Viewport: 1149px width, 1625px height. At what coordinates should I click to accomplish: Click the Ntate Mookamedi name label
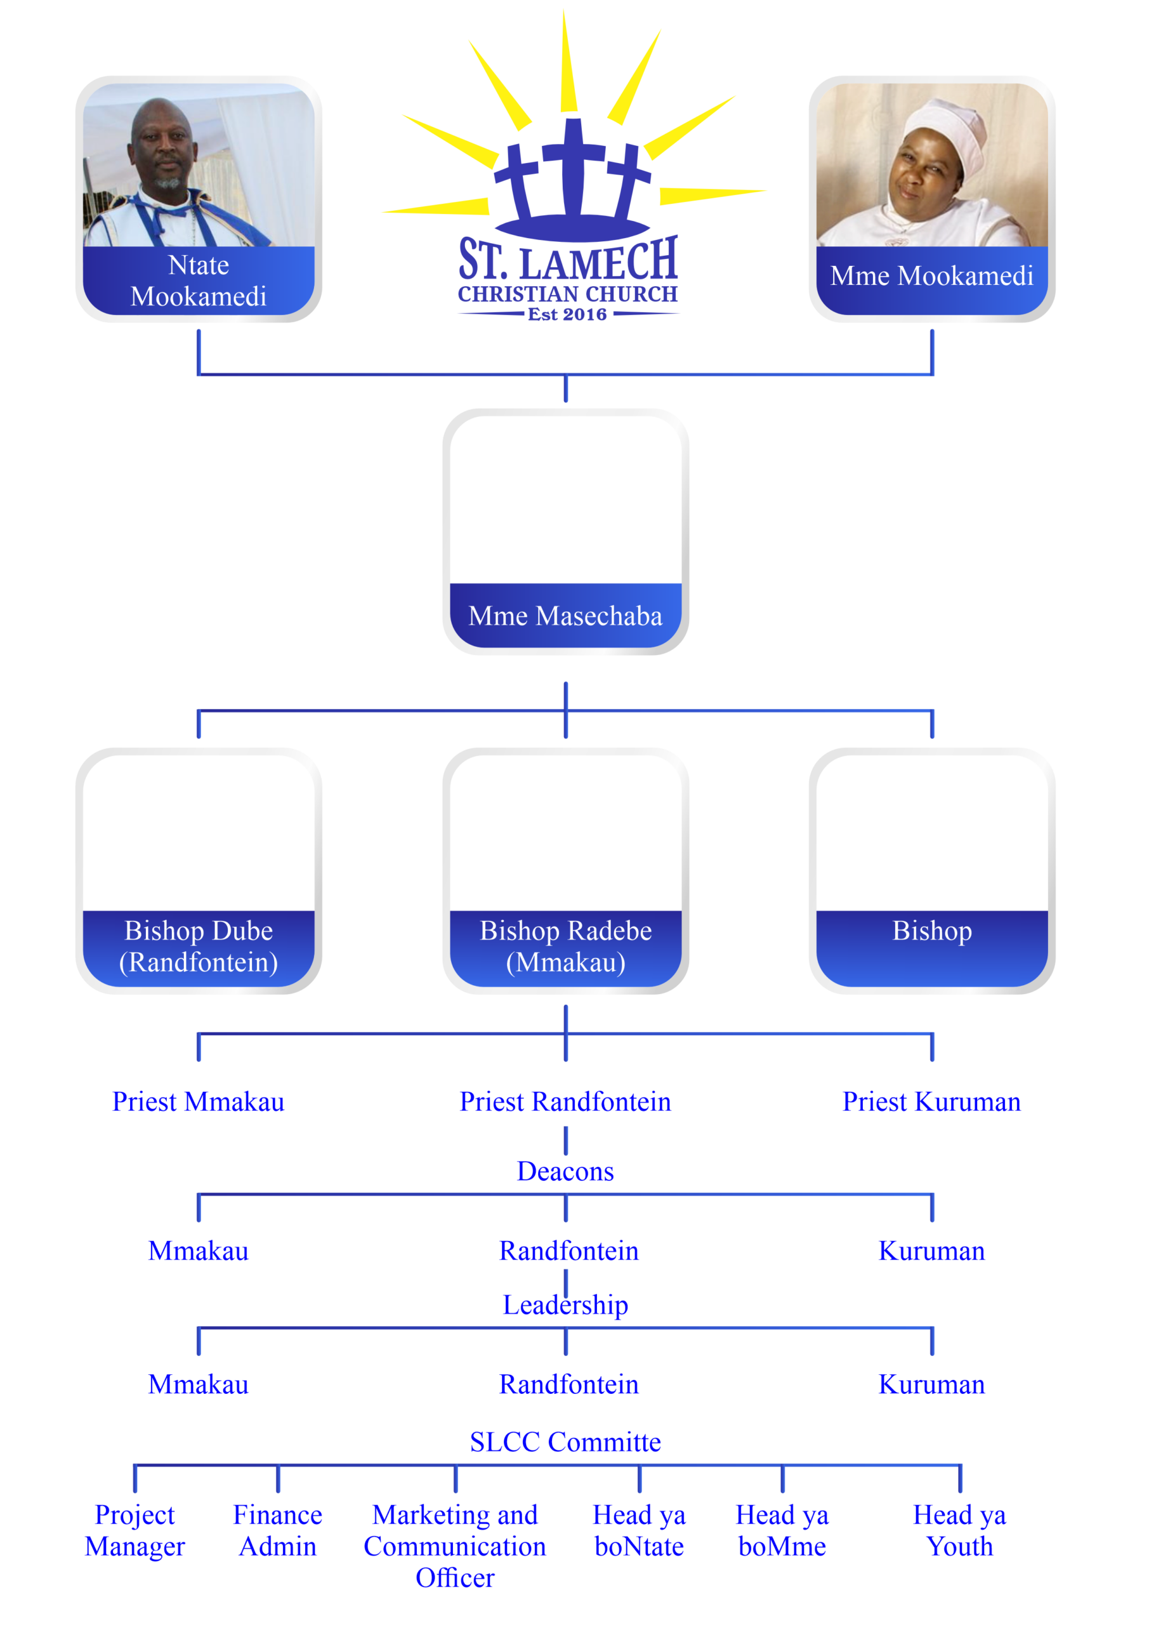pos(199,281)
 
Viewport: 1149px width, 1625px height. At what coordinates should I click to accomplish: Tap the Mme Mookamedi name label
pos(932,275)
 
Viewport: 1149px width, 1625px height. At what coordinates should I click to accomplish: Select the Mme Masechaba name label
pos(565,616)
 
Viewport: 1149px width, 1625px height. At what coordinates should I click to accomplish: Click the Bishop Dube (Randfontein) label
pos(199,946)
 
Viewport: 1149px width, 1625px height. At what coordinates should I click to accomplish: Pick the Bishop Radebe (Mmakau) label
pos(565,946)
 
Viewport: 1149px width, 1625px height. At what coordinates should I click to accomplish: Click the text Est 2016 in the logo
pos(567,314)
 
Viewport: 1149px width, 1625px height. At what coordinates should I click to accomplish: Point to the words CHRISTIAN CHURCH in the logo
pos(567,294)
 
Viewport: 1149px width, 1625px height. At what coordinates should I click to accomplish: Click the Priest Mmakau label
pos(199,1102)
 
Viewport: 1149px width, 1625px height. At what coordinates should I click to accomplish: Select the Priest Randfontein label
pos(565,1102)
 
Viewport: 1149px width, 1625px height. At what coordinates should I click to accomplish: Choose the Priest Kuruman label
pos(932,1102)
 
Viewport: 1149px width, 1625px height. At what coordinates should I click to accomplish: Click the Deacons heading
pos(565,1171)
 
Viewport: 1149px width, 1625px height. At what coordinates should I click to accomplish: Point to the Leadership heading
pos(565,1305)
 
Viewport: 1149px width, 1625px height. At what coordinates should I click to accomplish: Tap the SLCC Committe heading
pos(565,1442)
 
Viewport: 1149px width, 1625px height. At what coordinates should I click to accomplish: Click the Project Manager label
pos(135,1531)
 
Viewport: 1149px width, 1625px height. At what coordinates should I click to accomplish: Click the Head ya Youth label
pos(959,1531)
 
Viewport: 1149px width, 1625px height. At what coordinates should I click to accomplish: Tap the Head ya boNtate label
pos(639,1531)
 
